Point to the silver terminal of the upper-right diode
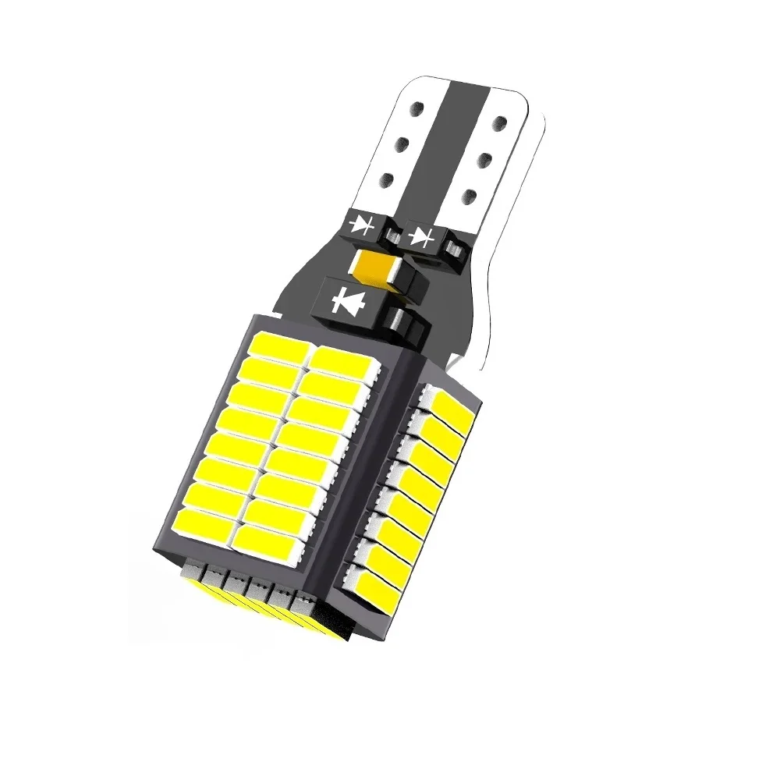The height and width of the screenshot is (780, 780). tap(452, 249)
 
